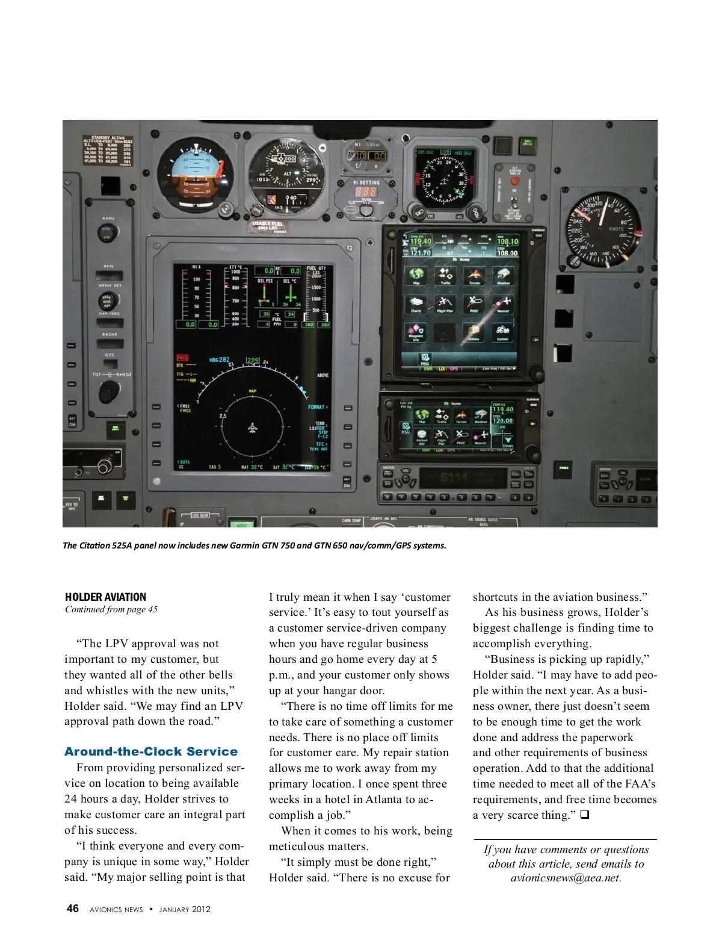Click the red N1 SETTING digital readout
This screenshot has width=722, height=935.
pyautogui.click(x=366, y=192)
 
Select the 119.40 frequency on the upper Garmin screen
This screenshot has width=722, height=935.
pyautogui.click(x=421, y=242)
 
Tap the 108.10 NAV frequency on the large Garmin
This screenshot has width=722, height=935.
pyautogui.click(x=507, y=242)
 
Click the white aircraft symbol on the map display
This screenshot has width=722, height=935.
pyautogui.click(x=253, y=428)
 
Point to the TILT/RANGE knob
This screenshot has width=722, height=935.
pyautogui.click(x=109, y=391)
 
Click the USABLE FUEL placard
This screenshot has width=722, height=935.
pyautogui.click(x=268, y=226)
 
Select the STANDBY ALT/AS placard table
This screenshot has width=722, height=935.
pyautogui.click(x=108, y=151)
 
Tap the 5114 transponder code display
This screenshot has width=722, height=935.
pyautogui.click(x=454, y=479)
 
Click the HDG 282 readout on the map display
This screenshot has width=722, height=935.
pyautogui.click(x=220, y=360)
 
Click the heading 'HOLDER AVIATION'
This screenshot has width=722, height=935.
pyautogui.click(x=106, y=597)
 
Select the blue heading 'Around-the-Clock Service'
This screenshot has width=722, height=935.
pyautogui.click(x=151, y=751)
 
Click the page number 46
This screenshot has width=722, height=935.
pyautogui.click(x=72, y=909)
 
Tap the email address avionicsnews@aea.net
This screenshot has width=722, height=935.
pyautogui.click(x=566, y=878)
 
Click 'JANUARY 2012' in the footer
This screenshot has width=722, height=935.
pyautogui.click(x=185, y=909)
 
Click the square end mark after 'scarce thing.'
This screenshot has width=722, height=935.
pyautogui.click(x=584, y=815)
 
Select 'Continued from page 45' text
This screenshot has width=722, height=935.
pyautogui.click(x=111, y=609)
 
